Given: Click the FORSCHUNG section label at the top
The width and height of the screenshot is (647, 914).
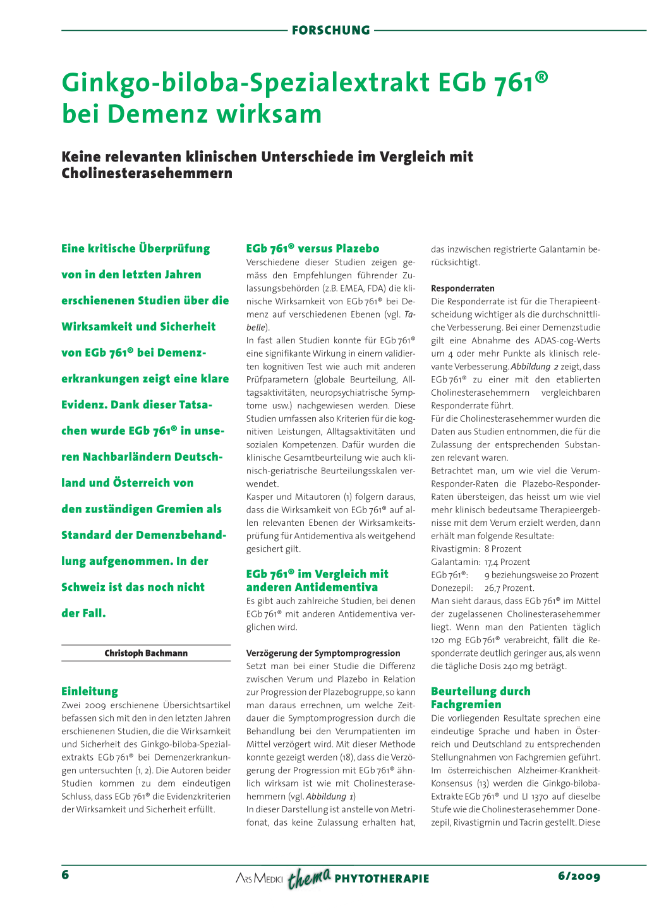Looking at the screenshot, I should point(331,30).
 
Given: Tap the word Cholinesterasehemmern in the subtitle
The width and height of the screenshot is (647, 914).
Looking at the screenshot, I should point(147,173).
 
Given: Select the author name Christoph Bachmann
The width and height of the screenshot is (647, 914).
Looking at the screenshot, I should point(146,653).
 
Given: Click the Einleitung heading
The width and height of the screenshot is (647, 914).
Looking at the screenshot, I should point(90,691).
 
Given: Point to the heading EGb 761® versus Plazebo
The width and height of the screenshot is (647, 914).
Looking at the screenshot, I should point(313,249).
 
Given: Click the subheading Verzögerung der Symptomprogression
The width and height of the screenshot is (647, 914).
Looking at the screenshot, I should point(323,653).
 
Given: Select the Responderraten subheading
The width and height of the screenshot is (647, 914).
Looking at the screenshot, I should point(463,288).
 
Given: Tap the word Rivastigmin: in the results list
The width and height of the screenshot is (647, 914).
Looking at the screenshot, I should point(455,549).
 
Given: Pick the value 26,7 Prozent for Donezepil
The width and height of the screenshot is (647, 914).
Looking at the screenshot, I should point(509,588).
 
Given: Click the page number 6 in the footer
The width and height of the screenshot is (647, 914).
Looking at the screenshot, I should point(65,875).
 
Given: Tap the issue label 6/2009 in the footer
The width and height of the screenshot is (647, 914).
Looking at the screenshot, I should point(579,876).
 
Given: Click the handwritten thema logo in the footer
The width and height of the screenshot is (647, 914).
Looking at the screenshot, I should point(309,877).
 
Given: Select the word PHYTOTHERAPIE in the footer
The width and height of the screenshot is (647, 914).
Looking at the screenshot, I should point(382,879).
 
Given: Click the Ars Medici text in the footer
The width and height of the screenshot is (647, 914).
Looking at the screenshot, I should point(259,879).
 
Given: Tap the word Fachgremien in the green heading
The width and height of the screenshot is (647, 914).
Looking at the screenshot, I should point(466,704).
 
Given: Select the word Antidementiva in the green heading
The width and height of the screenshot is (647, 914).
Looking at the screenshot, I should point(336,587).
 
